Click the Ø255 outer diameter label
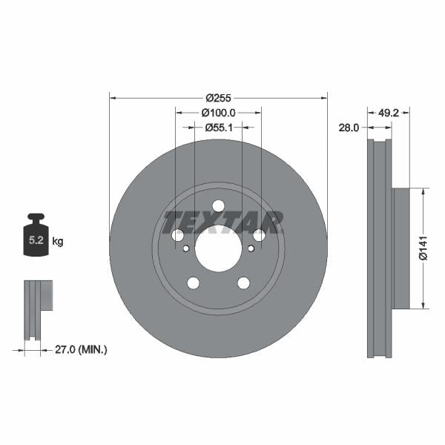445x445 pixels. point(218,98)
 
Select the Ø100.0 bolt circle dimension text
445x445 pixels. point(218,113)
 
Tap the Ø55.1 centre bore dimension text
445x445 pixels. point(218,127)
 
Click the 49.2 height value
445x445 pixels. point(389,113)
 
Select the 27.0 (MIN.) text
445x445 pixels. point(82,349)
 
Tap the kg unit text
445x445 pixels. point(58,242)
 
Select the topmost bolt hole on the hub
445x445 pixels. point(218,207)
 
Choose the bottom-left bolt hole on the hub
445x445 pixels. point(193,283)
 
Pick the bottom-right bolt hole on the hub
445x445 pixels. point(243,283)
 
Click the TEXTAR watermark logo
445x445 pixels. point(222,222)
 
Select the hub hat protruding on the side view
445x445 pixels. point(400,248)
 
